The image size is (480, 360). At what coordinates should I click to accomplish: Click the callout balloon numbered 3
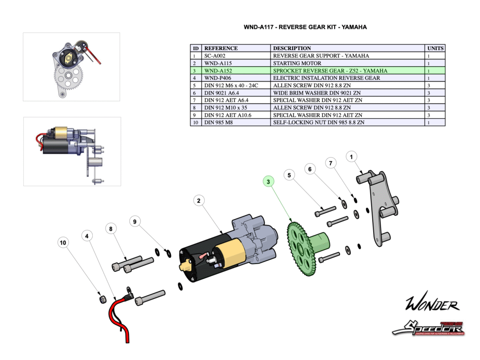269,181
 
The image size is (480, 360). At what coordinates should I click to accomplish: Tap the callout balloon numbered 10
63,242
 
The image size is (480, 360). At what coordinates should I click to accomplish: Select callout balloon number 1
352,157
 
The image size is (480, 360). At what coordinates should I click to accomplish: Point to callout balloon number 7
331,163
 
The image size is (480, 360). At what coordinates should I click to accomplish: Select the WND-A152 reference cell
237,70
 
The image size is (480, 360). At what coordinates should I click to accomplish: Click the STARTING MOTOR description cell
348,63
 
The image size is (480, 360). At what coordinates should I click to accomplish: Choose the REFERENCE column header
237,48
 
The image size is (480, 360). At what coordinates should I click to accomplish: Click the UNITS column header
435,48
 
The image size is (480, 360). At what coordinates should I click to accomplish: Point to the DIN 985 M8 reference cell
237,122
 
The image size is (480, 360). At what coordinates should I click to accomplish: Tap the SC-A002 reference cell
237,55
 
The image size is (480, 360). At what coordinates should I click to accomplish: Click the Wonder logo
432,305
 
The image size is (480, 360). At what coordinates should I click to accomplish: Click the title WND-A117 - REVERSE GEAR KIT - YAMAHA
305,27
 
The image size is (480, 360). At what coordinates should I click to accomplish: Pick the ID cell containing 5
196,85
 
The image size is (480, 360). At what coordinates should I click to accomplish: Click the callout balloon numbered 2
199,201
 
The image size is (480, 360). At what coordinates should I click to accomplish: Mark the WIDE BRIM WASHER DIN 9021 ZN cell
348,93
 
